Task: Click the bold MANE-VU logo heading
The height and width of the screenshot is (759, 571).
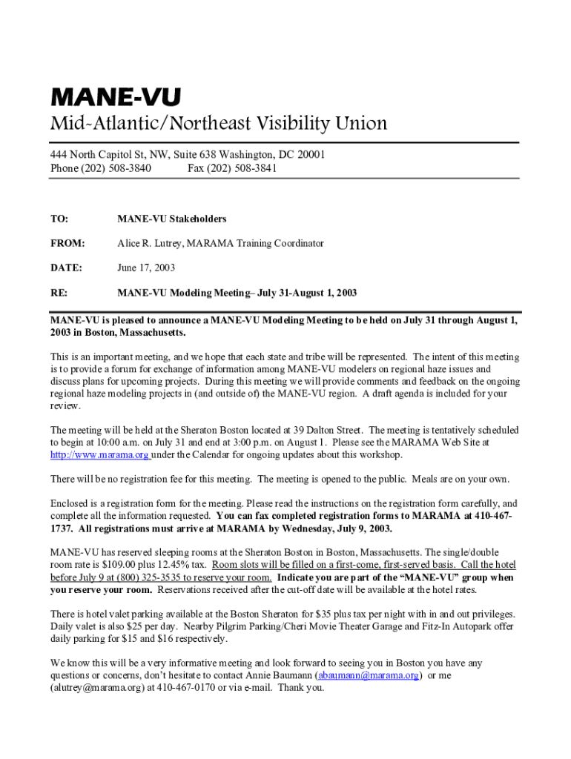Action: click(x=115, y=98)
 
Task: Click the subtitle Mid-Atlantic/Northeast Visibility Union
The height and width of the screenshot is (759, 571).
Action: click(x=218, y=123)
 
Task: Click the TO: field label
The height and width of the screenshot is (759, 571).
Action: click(x=59, y=219)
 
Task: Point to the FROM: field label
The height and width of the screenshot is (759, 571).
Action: click(x=67, y=243)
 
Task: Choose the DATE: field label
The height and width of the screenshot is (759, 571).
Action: click(x=66, y=268)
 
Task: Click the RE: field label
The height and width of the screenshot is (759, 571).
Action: click(x=59, y=293)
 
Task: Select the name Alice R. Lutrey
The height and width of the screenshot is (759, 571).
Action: click(x=150, y=243)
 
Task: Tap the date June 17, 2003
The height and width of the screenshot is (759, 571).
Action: click(x=146, y=268)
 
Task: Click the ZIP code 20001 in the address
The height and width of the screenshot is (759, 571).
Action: click(x=310, y=155)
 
